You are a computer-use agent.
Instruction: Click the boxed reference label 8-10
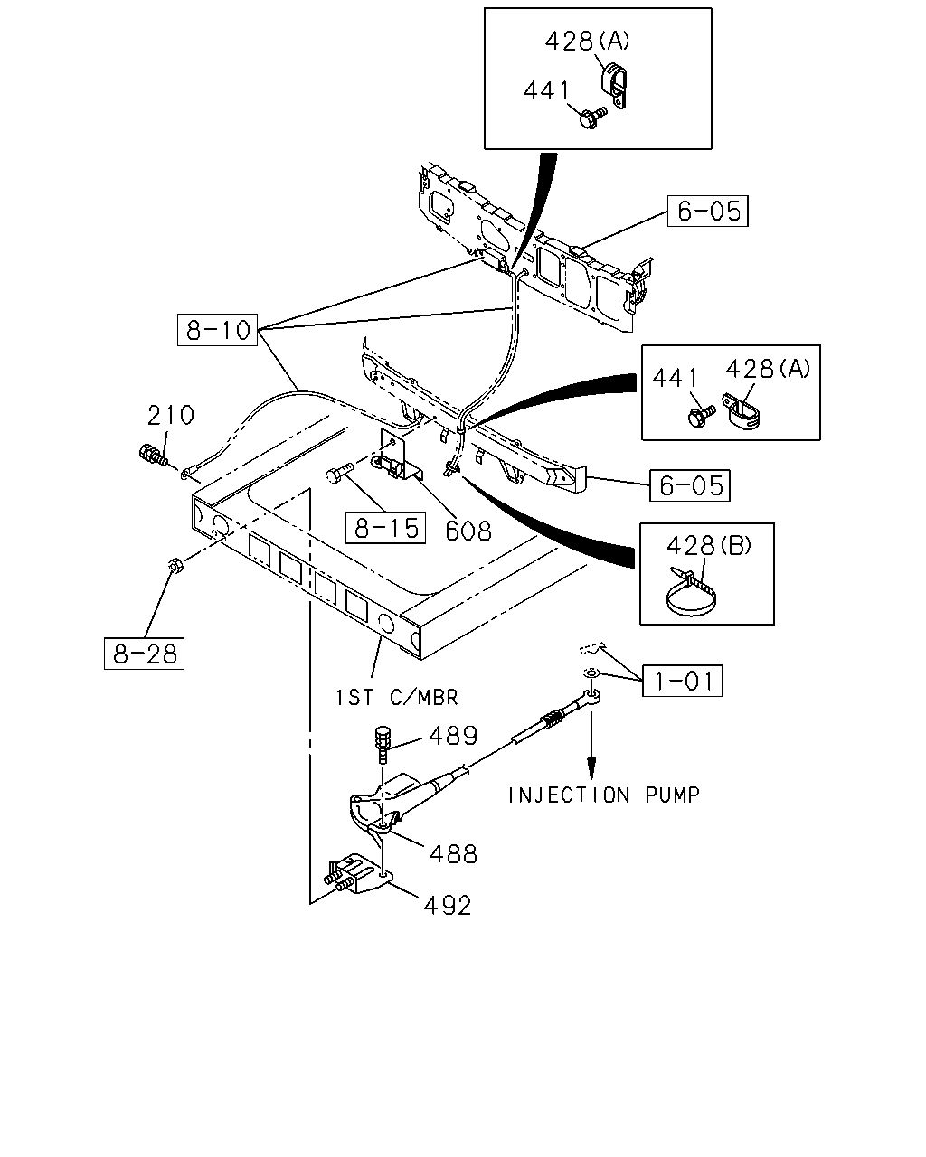[x=217, y=330]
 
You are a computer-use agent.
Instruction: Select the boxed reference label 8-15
[x=385, y=527]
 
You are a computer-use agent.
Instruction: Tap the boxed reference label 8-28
[x=144, y=654]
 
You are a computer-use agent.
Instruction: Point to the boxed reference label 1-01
[x=682, y=681]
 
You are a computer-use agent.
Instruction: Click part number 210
[x=171, y=415]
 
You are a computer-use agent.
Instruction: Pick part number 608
[x=468, y=531]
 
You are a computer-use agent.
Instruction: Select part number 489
[x=453, y=736]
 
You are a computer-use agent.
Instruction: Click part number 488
[x=453, y=854]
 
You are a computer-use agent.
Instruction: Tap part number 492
[x=448, y=906]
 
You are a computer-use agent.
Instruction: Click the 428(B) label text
[x=709, y=546]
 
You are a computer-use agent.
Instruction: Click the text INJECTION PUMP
[x=604, y=795]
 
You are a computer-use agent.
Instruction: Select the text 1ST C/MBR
[x=397, y=698]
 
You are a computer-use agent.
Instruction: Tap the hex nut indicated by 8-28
[x=175, y=565]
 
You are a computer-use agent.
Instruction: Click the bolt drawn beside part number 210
[x=153, y=456]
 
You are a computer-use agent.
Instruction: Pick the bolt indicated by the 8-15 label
[x=339, y=473]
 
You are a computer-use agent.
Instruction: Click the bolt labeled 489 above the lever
[x=381, y=744]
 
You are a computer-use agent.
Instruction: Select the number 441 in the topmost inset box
[x=546, y=91]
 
